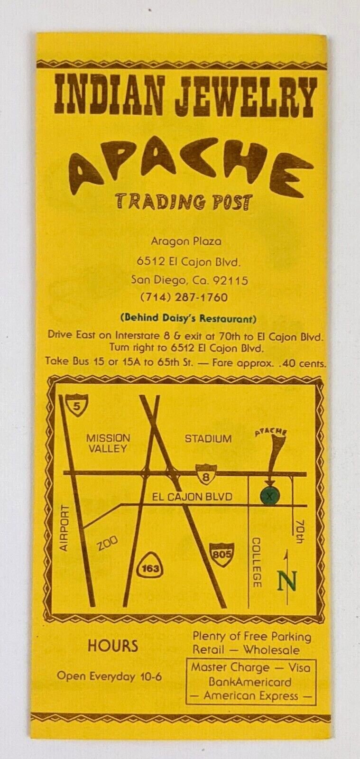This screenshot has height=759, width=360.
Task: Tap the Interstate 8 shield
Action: (x=206, y=473)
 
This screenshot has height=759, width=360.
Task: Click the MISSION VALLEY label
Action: (x=108, y=443)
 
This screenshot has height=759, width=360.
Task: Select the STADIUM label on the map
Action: (x=208, y=438)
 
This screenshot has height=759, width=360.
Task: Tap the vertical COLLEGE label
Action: (x=257, y=563)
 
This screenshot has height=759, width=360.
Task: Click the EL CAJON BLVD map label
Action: (x=192, y=497)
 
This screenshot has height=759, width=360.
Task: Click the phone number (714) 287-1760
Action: (x=184, y=297)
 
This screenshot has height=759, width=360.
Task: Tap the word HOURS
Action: (x=113, y=646)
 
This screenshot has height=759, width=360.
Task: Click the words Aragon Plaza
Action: (x=186, y=241)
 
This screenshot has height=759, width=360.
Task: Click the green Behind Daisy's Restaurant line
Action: (x=188, y=317)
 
